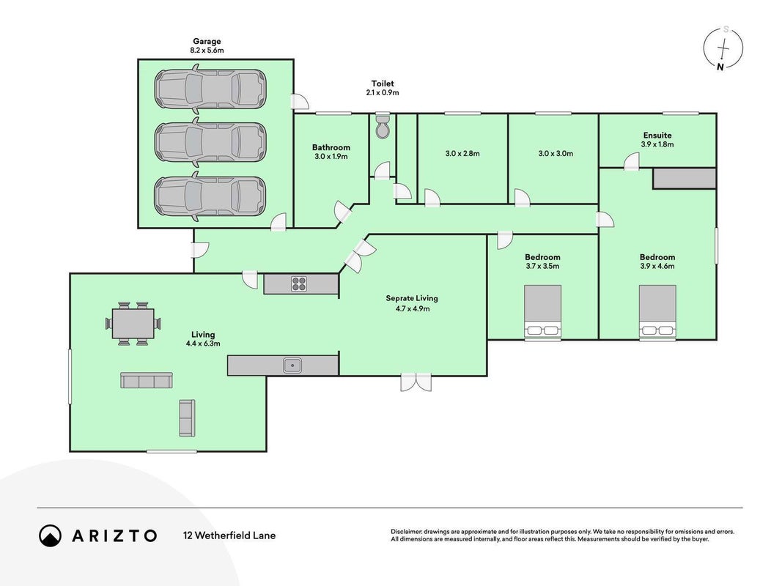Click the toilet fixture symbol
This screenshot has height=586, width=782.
[383, 127]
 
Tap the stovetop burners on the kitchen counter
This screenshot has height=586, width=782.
[299, 283]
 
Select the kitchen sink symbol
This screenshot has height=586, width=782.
[292, 366]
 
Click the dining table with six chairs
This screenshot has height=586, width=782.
[133, 323]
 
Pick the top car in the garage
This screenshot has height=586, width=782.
[210, 89]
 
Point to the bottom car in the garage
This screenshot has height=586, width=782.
[210, 196]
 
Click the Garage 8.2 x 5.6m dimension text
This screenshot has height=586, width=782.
[207, 51]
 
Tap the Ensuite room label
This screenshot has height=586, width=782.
[657, 135]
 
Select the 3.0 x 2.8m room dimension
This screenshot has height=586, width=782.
[462, 154]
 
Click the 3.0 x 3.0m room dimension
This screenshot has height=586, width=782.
[556, 154]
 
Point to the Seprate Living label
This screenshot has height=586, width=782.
[412, 298]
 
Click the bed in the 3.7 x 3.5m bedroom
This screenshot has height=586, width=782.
[542, 313]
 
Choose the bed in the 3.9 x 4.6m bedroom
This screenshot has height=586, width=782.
[658, 313]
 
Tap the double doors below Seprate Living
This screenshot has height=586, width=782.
[416, 382]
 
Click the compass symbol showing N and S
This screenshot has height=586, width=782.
[723, 48]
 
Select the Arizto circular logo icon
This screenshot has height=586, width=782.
[51, 535]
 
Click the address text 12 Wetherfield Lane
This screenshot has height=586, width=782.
[229, 535]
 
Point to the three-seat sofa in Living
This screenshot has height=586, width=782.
[147, 380]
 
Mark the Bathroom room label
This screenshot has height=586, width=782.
[331, 147]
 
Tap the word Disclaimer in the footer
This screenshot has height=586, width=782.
[407, 532]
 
